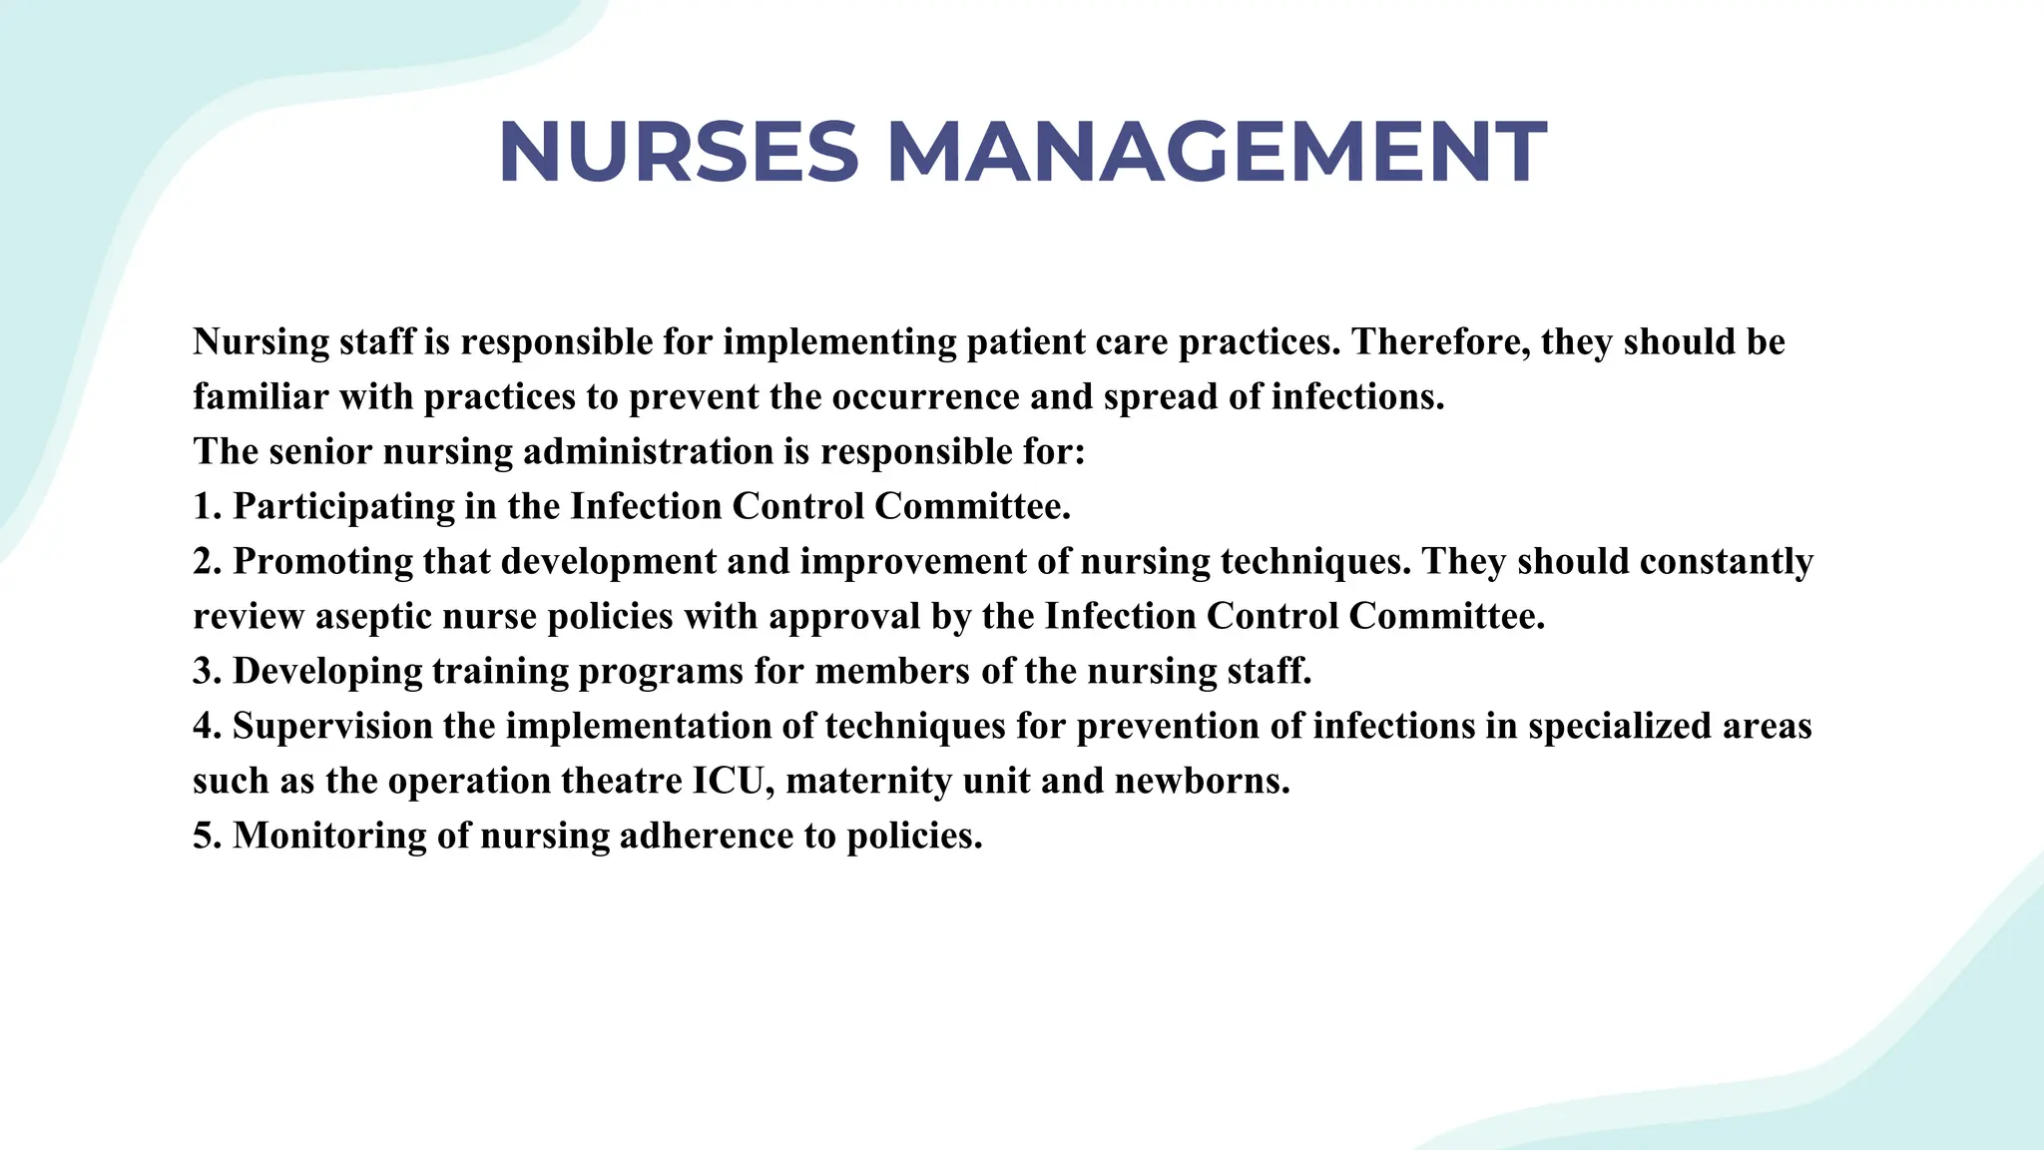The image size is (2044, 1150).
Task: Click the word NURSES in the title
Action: coord(679,153)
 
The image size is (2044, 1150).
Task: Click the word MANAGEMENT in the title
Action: coord(1217,153)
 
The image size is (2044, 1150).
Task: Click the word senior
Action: coord(320,452)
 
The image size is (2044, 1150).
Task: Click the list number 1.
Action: coord(206,507)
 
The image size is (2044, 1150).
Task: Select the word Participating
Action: coord(343,507)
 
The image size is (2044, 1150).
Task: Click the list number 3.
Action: coord(206,672)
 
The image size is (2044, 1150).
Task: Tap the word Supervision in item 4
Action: coord(332,727)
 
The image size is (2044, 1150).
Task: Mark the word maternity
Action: coord(868,781)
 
